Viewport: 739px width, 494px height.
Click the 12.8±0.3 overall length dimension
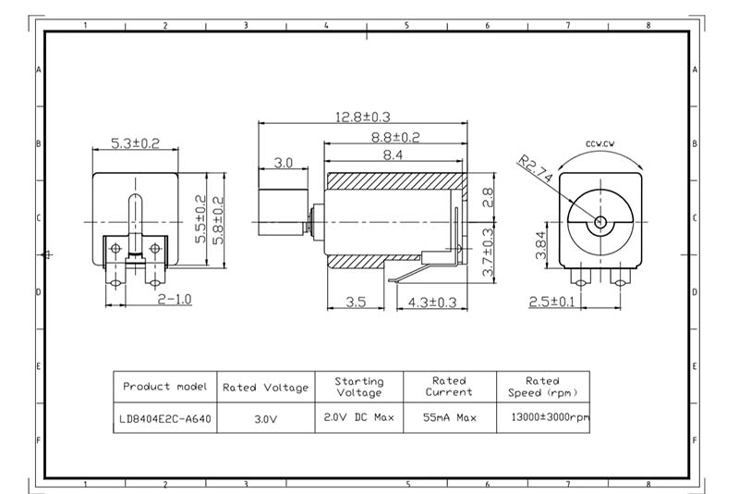click(x=364, y=117)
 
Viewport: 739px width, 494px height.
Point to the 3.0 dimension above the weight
click(x=283, y=163)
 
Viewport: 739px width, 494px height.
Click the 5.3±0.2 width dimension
click(x=136, y=143)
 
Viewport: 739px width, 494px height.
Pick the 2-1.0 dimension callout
click(x=174, y=300)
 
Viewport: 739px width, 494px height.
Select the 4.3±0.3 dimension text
click(x=432, y=302)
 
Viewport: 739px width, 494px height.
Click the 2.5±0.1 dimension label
click(x=551, y=302)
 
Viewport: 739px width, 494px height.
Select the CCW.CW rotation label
click(x=600, y=143)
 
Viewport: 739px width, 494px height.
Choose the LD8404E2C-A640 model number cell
click(x=164, y=418)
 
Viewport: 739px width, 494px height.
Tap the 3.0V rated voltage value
click(x=266, y=418)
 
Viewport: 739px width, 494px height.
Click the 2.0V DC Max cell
click(x=358, y=417)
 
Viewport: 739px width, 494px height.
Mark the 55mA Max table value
click(x=450, y=417)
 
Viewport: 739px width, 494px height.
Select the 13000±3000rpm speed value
click(x=543, y=417)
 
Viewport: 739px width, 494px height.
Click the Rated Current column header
click(x=450, y=386)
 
